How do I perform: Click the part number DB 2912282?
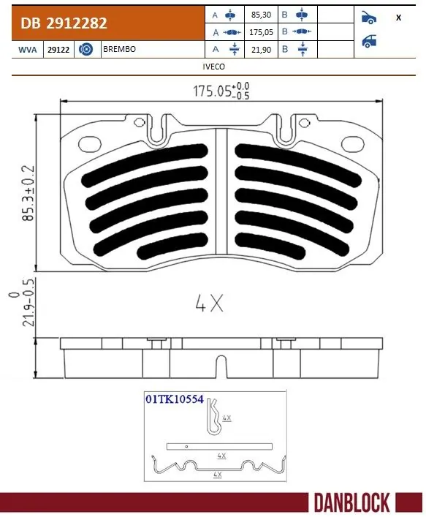pyautogui.click(x=64, y=23)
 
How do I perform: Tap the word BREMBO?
pyautogui.click(x=119, y=50)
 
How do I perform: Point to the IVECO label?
pyautogui.click(x=213, y=66)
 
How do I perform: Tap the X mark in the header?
pyautogui.click(x=398, y=18)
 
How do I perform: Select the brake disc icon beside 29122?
pyautogui.click(x=85, y=50)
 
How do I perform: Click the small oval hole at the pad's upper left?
pyautogui.click(x=91, y=143)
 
